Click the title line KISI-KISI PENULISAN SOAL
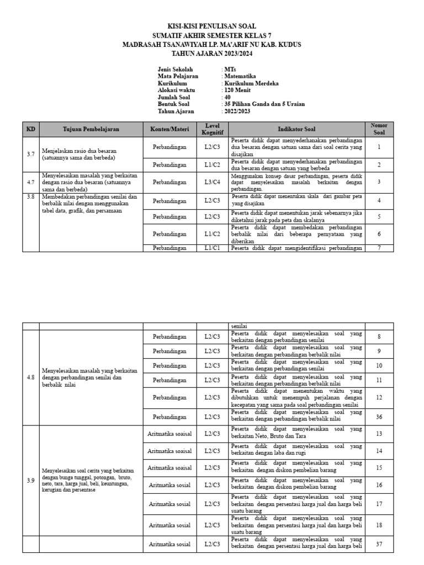click(x=212, y=26)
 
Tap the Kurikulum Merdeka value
click(x=251, y=83)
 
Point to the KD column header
click(x=31, y=129)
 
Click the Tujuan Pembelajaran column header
click(x=91, y=129)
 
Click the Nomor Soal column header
click(x=379, y=129)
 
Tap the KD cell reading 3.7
click(x=31, y=154)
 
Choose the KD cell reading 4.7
click(x=31, y=182)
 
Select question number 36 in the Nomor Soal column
click(x=379, y=417)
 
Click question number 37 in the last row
click(x=379, y=543)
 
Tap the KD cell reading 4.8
click(x=31, y=377)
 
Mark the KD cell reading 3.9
click(x=31, y=480)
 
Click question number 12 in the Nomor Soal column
click(x=379, y=397)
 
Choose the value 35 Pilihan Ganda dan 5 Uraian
click(x=264, y=104)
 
